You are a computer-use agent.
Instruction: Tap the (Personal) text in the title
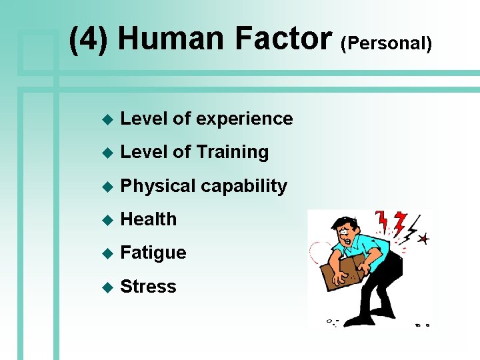coord(387,44)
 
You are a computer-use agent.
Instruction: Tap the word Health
coord(149,219)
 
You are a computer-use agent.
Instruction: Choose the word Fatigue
coord(153,253)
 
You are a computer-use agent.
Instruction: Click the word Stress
coord(148,287)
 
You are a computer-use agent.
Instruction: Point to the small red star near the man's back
coord(424,238)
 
